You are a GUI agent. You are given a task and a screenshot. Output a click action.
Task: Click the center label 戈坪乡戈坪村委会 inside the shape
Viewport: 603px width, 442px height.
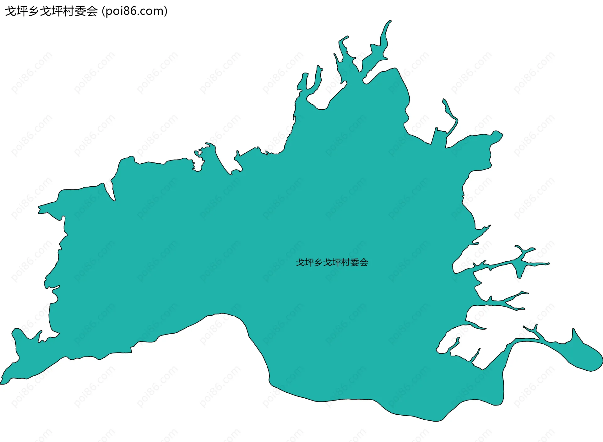pyautogui.click(x=332, y=262)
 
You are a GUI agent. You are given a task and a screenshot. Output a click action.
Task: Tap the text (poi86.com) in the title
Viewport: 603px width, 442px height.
pyautogui.click(x=135, y=11)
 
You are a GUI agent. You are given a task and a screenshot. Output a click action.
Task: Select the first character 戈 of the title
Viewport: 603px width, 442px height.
pyautogui.click(x=10, y=11)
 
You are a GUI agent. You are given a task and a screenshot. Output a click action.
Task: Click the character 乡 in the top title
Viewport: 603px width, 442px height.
pyautogui.click(x=33, y=11)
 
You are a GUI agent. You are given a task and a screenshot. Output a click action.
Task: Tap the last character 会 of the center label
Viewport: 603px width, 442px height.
pyautogui.click(x=364, y=262)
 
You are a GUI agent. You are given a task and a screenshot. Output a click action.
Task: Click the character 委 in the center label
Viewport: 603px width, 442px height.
pyautogui.click(x=355, y=262)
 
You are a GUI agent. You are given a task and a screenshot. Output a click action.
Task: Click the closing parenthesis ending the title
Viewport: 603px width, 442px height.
pyautogui.click(x=166, y=12)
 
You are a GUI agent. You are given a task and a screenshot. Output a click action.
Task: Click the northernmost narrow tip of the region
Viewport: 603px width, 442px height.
pyautogui.click(x=390, y=22)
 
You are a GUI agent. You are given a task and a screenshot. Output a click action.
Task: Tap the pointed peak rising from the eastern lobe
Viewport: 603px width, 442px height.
pyautogui.click(x=574, y=330)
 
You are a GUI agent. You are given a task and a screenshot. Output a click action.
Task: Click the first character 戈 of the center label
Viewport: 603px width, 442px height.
pyautogui.click(x=301, y=262)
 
